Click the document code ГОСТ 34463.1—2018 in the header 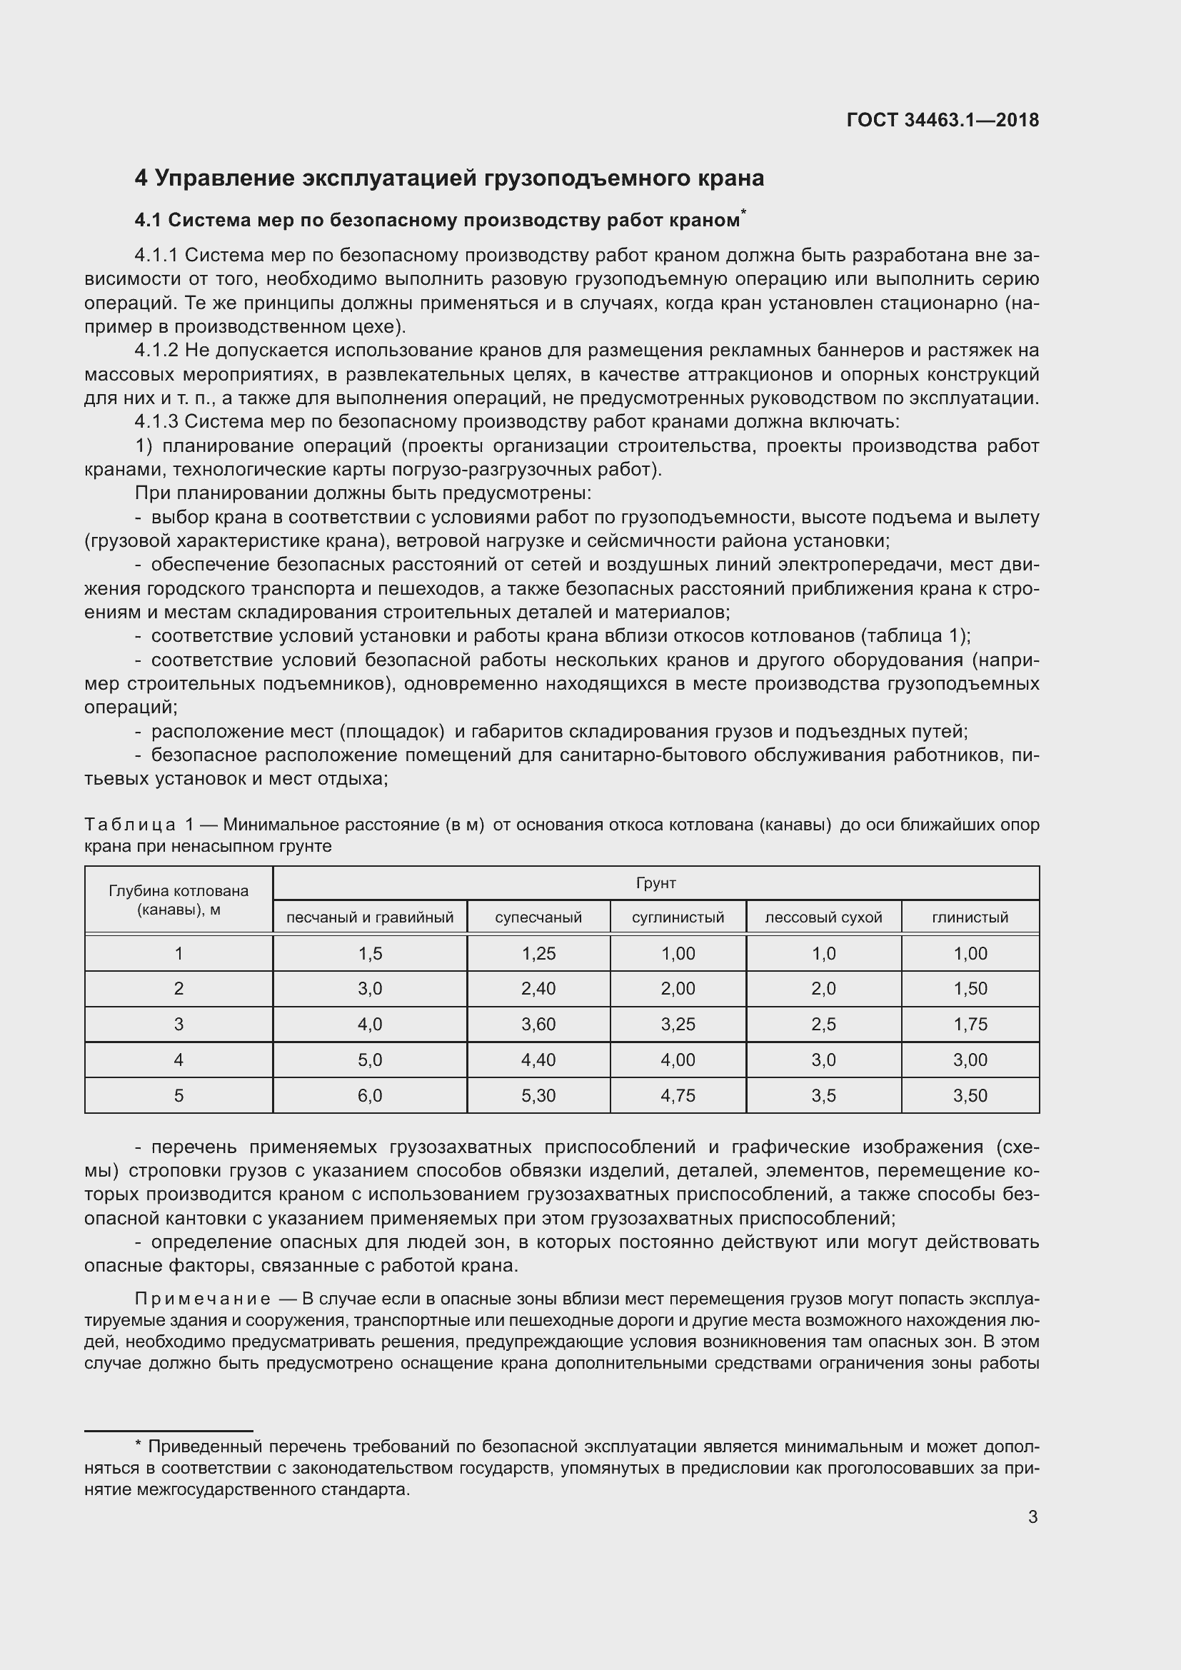click(943, 120)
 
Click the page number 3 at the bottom click(1032, 1516)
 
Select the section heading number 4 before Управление click(141, 178)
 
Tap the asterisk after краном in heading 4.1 click(743, 212)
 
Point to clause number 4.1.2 click(156, 351)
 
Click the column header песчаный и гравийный click(369, 917)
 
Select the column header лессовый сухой click(823, 917)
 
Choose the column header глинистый click(970, 917)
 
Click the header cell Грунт click(656, 883)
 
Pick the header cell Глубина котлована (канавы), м click(179, 900)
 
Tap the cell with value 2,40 click(538, 988)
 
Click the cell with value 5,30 click(538, 1095)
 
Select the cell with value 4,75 click(678, 1095)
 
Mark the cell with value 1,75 click(970, 1024)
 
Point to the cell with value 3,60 click(538, 1024)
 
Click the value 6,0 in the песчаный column click(369, 1095)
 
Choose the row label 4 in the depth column click(179, 1060)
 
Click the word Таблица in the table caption click(129, 825)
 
